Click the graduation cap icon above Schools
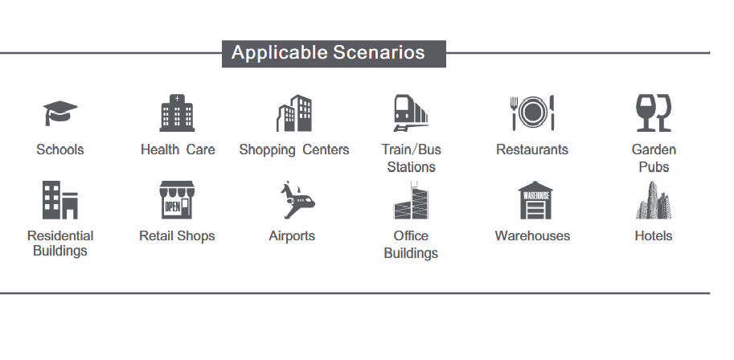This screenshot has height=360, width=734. [x=60, y=112]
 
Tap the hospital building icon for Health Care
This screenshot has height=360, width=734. [x=177, y=112]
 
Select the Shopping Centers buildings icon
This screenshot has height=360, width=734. [x=294, y=112]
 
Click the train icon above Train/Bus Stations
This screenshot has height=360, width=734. [x=411, y=112]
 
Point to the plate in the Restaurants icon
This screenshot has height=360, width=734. [x=532, y=112]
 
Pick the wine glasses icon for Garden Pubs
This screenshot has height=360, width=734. [x=654, y=112]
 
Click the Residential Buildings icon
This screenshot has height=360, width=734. [x=60, y=200]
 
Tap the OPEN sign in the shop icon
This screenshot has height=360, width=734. [x=173, y=207]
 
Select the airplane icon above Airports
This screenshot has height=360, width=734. [x=297, y=200]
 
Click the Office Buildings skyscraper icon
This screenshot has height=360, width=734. [x=411, y=200]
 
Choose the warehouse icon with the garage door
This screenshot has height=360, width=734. [x=535, y=200]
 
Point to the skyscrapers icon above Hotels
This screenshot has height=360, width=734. [x=654, y=200]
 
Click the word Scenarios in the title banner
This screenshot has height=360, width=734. [x=379, y=52]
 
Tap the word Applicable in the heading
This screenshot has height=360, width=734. [x=280, y=53]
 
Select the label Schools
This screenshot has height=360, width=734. [x=60, y=149]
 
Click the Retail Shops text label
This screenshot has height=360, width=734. [x=177, y=236]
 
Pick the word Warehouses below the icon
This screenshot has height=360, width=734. [x=532, y=235]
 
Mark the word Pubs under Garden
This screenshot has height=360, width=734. [x=654, y=166]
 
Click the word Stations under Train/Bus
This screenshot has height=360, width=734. [x=411, y=166]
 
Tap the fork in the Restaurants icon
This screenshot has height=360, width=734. [x=514, y=113]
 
